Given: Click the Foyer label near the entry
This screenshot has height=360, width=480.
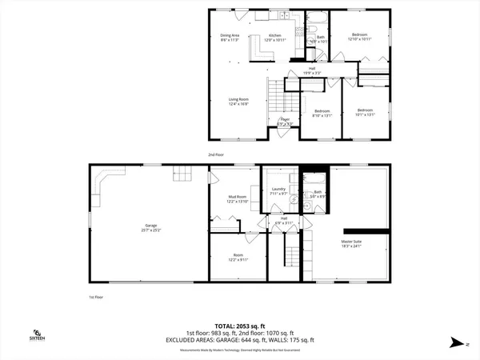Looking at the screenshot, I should coord(284,123).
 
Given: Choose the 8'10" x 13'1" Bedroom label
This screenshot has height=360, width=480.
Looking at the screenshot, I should coord(322,112).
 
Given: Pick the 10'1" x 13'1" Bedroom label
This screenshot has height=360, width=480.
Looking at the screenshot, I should coord(365,112).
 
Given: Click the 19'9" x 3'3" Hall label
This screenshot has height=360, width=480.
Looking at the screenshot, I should coord(313,70).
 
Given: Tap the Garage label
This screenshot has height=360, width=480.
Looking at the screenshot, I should coord(146,226).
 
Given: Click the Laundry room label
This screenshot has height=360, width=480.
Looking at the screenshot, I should coord(278,191).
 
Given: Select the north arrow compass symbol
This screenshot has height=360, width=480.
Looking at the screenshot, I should coord(455,342).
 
